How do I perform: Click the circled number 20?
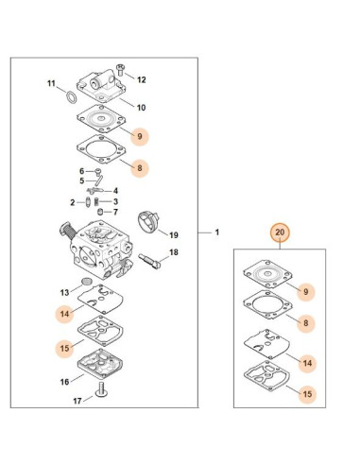(280, 232)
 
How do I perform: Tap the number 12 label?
(142, 79)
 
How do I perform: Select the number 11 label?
(51, 83)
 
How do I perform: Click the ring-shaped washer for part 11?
(72, 97)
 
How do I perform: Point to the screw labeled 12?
(120, 70)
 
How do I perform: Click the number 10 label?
(141, 108)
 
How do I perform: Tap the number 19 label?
(174, 235)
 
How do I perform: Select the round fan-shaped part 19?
(149, 223)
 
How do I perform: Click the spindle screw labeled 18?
(149, 261)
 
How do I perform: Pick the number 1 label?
(217, 232)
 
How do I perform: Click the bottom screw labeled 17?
(102, 389)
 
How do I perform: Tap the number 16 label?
(64, 382)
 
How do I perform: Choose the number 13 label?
(64, 293)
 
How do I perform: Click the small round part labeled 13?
(86, 282)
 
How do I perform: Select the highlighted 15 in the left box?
(64, 348)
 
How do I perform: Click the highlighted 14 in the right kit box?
(307, 363)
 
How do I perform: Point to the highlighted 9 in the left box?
(140, 136)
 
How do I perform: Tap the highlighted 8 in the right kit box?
(306, 323)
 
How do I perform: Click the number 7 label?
(115, 212)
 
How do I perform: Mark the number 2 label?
(73, 202)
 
